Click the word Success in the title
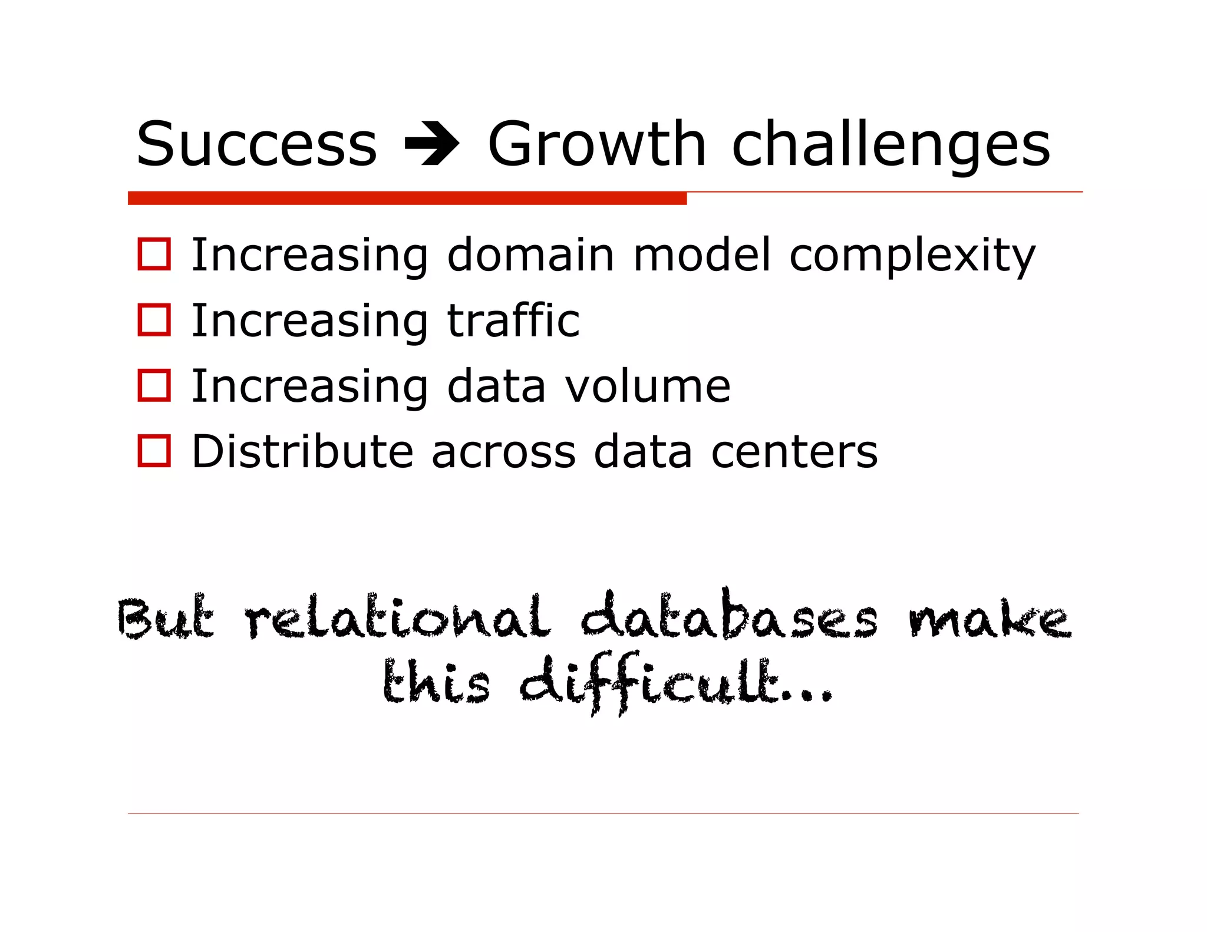click(256, 144)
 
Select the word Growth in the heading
click(596, 144)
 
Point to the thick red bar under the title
click(407, 199)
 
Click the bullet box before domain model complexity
click(154, 255)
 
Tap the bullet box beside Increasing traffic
click(154, 320)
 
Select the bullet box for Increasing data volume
click(154, 385)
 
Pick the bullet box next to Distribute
click(154, 451)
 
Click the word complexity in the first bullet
click(912, 256)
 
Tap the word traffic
click(513, 320)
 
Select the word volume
click(648, 386)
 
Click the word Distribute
click(302, 452)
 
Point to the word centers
click(794, 453)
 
